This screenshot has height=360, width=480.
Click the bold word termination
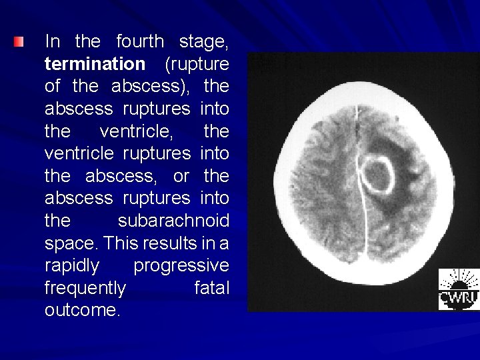coord(95,64)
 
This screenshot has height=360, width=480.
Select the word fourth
coord(139,42)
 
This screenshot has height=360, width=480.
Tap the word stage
coord(204,42)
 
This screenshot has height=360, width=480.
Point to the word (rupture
coord(197,64)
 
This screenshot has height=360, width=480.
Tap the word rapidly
coord(73,266)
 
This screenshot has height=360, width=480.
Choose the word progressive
coord(181,266)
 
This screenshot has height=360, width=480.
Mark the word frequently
coord(85,288)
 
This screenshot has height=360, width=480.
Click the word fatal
coord(211,288)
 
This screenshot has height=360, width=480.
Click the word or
coord(181,176)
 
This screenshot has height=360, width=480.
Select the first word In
coord(53,42)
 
